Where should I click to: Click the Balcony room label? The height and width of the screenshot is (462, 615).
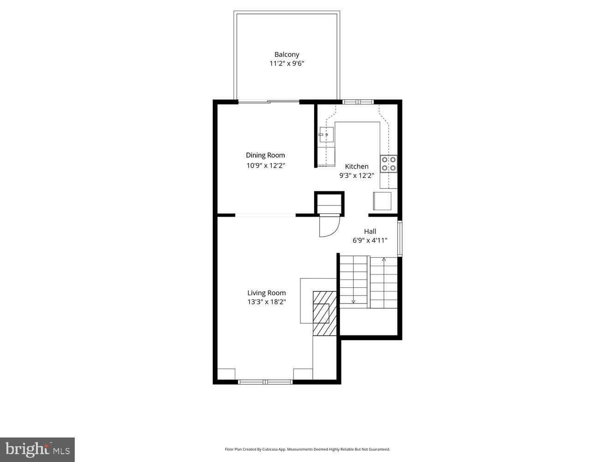click(287, 55)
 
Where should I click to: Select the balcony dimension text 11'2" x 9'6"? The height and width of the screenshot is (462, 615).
click(287, 64)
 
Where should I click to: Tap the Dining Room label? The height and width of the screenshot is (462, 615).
click(265, 155)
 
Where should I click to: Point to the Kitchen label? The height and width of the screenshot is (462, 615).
click(357, 166)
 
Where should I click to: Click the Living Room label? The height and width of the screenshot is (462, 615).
click(266, 293)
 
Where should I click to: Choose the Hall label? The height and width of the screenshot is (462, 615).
click(370, 231)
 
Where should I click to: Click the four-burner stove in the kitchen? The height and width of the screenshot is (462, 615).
click(388, 164)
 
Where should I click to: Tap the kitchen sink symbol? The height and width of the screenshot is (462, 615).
click(326, 134)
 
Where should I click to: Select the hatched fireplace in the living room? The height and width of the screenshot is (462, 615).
click(325, 313)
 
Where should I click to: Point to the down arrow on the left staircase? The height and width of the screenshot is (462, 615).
click(353, 301)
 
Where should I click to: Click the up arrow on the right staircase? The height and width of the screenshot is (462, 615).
click(384, 260)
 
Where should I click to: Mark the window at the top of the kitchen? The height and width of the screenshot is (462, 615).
click(358, 102)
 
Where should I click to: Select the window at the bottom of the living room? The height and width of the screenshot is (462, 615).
click(265, 382)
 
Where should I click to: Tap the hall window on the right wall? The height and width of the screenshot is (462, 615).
click(400, 238)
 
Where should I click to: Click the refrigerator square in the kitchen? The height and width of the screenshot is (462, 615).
click(382, 201)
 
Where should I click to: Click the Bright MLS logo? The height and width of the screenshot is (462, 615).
click(37, 450)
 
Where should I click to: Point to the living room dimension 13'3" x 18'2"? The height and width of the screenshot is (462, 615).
click(266, 302)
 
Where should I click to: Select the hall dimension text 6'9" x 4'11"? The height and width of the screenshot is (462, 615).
click(370, 240)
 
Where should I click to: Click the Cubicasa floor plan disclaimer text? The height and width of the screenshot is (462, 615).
click(307, 449)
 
